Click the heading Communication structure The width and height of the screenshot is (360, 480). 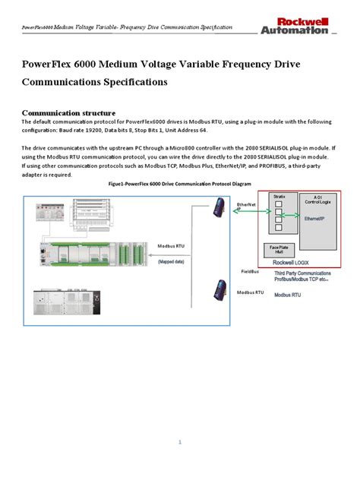point(68,112)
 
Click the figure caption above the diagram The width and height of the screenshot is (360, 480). point(179,183)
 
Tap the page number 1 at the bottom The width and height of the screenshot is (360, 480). point(180,441)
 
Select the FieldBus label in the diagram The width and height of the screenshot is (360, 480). point(250,271)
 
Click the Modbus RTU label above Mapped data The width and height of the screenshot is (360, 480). point(172,247)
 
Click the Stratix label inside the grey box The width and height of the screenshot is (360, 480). point(279,197)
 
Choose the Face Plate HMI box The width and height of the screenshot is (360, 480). point(278,250)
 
